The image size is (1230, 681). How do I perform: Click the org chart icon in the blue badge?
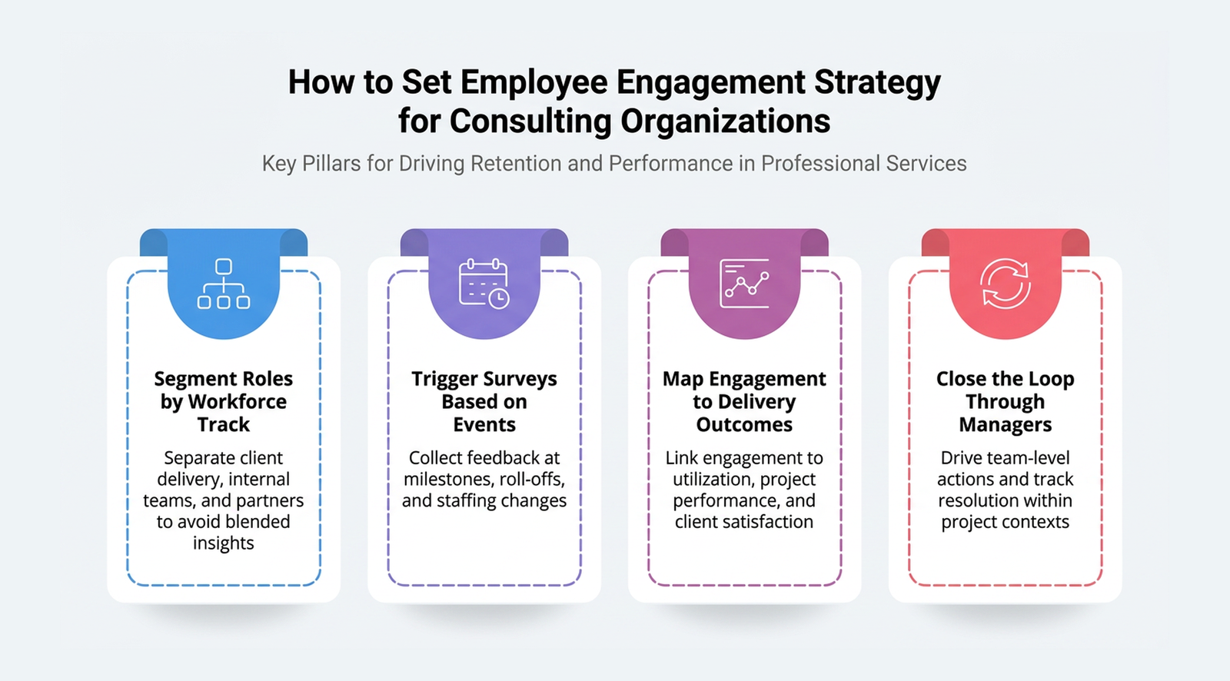[224, 284]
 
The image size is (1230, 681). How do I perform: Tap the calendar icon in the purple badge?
[484, 284]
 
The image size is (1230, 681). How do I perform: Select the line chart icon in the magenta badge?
[744, 284]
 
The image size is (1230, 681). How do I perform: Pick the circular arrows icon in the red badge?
[1005, 284]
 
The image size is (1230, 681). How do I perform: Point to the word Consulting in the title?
[530, 121]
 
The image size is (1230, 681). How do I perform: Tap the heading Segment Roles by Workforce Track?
[224, 401]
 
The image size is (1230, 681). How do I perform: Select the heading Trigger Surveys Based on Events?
[484, 401]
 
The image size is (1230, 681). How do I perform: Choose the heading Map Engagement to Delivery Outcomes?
[744, 401]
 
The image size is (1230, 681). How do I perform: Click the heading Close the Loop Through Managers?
[1005, 401]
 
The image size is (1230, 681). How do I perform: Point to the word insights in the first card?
[224, 543]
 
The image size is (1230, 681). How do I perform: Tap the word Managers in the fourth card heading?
[1005, 425]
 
